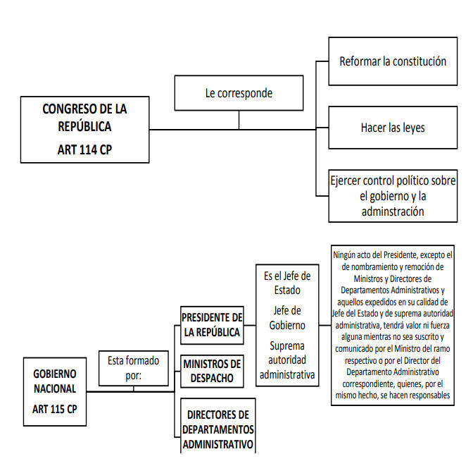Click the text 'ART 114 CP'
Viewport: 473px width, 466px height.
[84, 149]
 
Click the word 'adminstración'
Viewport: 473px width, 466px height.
[393, 211]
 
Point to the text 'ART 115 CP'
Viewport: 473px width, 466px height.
[55, 409]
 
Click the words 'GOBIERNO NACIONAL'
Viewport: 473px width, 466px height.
[55, 381]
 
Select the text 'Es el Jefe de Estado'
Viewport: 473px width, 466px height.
[287, 283]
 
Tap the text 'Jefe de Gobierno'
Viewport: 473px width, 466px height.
[287, 318]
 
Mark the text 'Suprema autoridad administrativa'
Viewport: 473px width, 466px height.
[287, 360]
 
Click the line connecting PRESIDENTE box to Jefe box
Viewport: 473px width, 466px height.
[250, 326]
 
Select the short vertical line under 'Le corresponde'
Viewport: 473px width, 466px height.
[239, 120]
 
